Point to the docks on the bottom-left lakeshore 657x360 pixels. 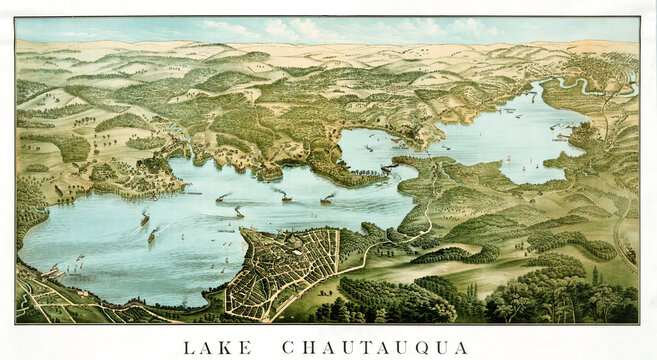tap(55, 270)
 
